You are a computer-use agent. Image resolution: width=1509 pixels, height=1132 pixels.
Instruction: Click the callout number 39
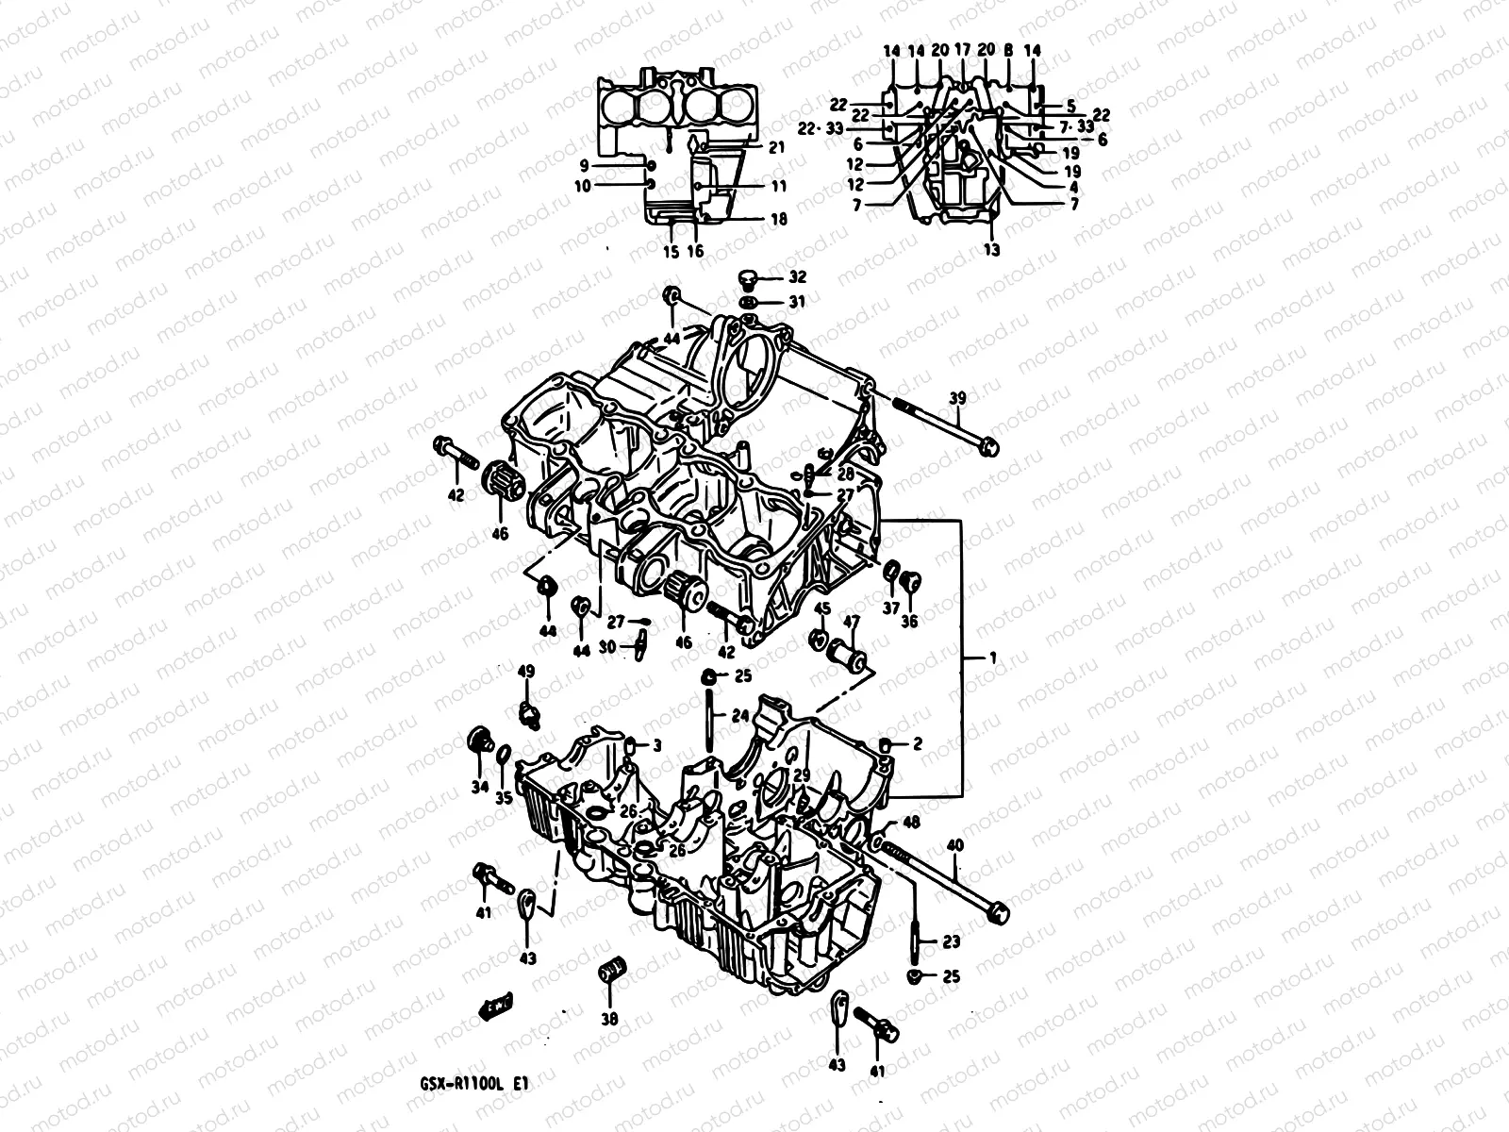(x=957, y=399)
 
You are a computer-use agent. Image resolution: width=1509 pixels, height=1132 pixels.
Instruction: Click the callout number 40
(x=955, y=845)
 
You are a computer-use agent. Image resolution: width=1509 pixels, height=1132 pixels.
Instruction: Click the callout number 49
(x=526, y=671)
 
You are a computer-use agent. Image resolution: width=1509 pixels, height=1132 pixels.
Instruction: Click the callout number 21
(x=776, y=147)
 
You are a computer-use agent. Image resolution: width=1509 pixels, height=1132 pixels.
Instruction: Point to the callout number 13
(x=992, y=250)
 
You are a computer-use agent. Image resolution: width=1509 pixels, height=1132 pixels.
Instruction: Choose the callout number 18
(x=778, y=219)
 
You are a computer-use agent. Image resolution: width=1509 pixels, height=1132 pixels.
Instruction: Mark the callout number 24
(x=739, y=715)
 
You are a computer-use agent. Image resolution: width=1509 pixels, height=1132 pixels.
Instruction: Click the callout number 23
(x=951, y=941)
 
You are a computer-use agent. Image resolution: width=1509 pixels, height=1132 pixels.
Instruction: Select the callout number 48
(x=911, y=822)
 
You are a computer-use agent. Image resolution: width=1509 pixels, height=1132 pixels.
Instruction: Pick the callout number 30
(x=607, y=646)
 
